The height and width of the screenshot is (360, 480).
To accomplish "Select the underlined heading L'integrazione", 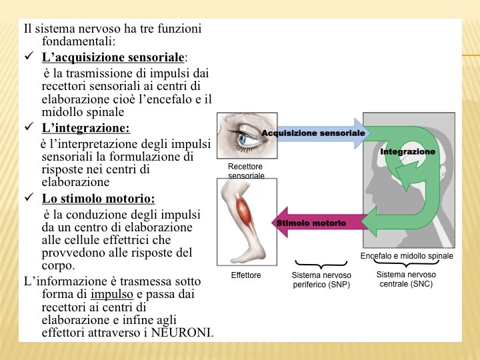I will [x=85, y=127].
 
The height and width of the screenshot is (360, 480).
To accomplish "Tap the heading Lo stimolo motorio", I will [x=98, y=199].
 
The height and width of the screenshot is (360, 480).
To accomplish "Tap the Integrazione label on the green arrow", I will [x=407, y=152].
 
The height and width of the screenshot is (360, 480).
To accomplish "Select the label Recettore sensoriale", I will [x=246, y=171].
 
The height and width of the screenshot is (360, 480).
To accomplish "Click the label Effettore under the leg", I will [x=246, y=275].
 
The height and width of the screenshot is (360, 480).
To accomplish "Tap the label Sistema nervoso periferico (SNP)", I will [x=321, y=279].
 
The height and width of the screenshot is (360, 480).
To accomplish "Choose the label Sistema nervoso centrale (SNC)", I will [x=406, y=279].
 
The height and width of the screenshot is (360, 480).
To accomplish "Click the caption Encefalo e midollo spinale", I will [x=407, y=256].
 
